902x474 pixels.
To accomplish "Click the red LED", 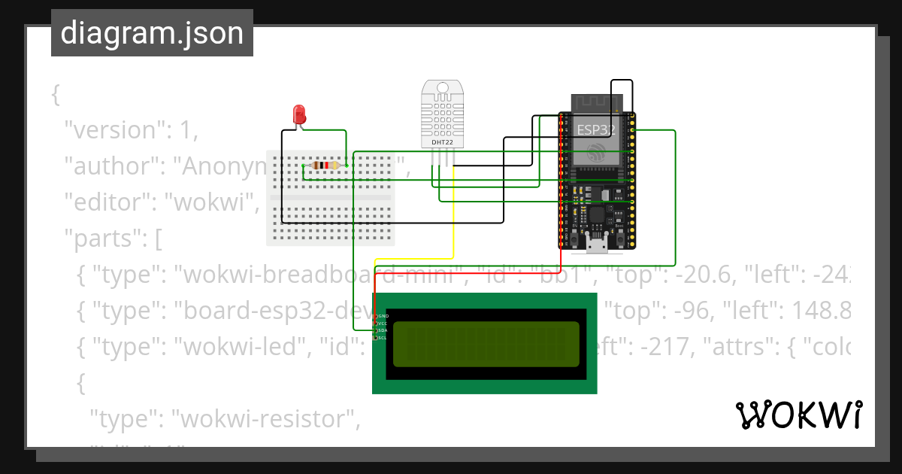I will point(299,115).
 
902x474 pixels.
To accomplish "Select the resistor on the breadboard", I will point(325,166).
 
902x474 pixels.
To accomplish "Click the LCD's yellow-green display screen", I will point(486,344).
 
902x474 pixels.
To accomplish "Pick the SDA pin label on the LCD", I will point(383,330).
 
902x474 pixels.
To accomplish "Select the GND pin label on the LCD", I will point(383,316).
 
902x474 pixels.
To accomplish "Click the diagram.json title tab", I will point(152,33).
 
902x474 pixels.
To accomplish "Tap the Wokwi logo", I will point(798,415).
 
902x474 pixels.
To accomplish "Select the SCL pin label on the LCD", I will point(383,338).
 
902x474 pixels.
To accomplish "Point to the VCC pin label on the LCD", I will point(383,324).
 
